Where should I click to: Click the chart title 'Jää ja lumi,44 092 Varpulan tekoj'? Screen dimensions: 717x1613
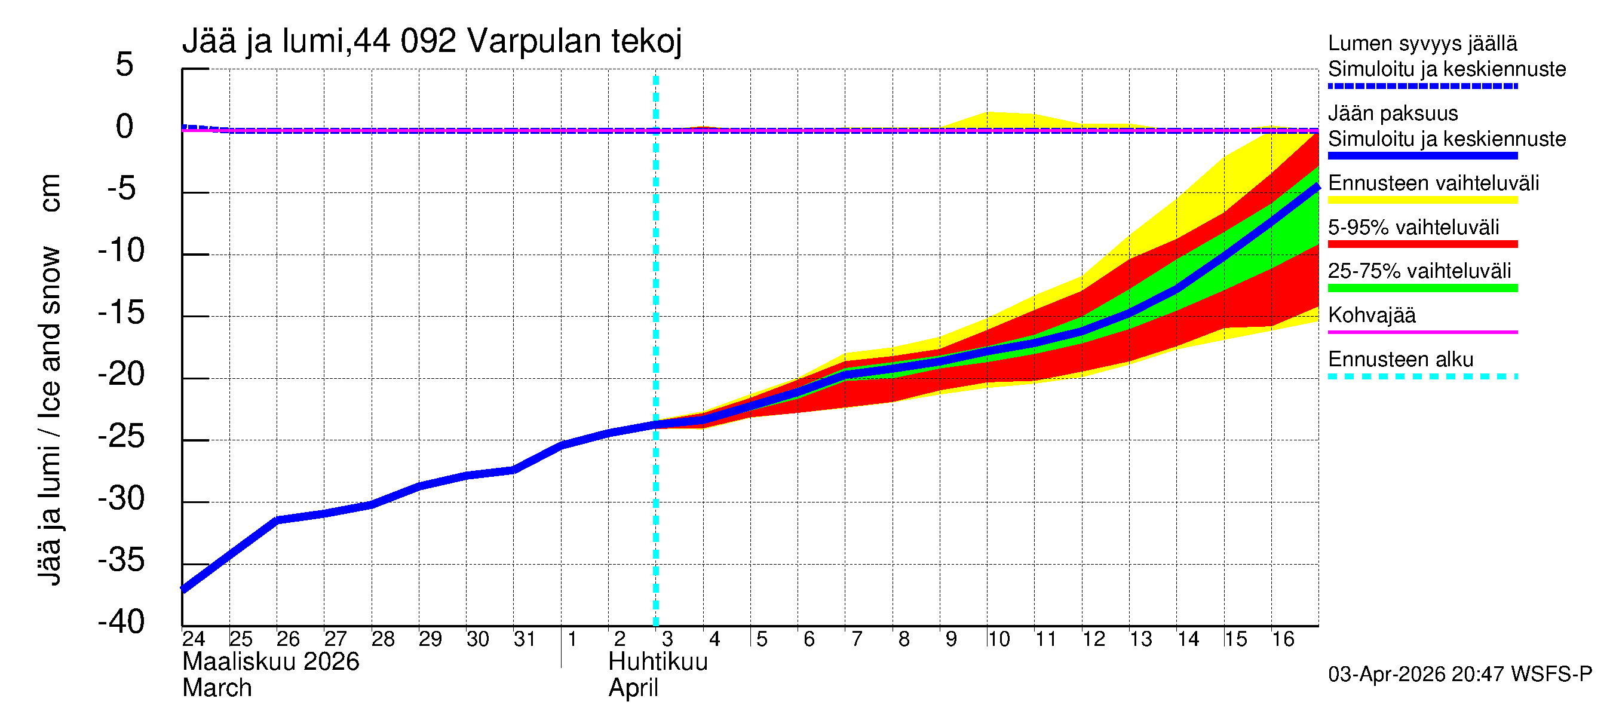point(431,41)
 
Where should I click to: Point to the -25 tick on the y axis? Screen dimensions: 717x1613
point(121,437)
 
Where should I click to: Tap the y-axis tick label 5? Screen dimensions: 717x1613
point(125,65)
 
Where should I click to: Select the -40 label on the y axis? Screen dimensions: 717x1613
point(121,623)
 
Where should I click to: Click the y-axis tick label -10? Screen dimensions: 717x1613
point(121,251)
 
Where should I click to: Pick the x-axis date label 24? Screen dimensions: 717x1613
point(194,639)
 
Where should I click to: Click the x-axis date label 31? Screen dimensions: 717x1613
point(525,639)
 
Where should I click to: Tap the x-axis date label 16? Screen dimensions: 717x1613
point(1283,639)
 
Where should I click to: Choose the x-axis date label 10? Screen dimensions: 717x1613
point(999,639)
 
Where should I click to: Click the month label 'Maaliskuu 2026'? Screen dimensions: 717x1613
point(271,662)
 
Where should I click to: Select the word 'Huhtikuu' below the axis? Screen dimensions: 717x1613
point(658,662)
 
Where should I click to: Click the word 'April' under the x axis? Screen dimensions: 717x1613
point(633,688)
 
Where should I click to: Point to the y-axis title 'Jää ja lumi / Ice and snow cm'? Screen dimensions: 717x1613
point(50,379)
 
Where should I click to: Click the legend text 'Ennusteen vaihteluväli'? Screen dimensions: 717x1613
point(1433,183)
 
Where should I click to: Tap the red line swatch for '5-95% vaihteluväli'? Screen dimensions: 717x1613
point(1422,244)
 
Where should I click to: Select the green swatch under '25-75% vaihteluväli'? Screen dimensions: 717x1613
point(1422,288)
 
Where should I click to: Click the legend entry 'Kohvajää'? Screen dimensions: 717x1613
point(1371,315)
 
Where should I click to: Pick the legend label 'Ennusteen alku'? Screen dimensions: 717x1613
point(1401,360)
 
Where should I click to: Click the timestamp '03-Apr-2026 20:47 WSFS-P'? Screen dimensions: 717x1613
point(1459,675)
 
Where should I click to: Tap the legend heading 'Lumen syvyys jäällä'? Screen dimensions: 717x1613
point(1422,44)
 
